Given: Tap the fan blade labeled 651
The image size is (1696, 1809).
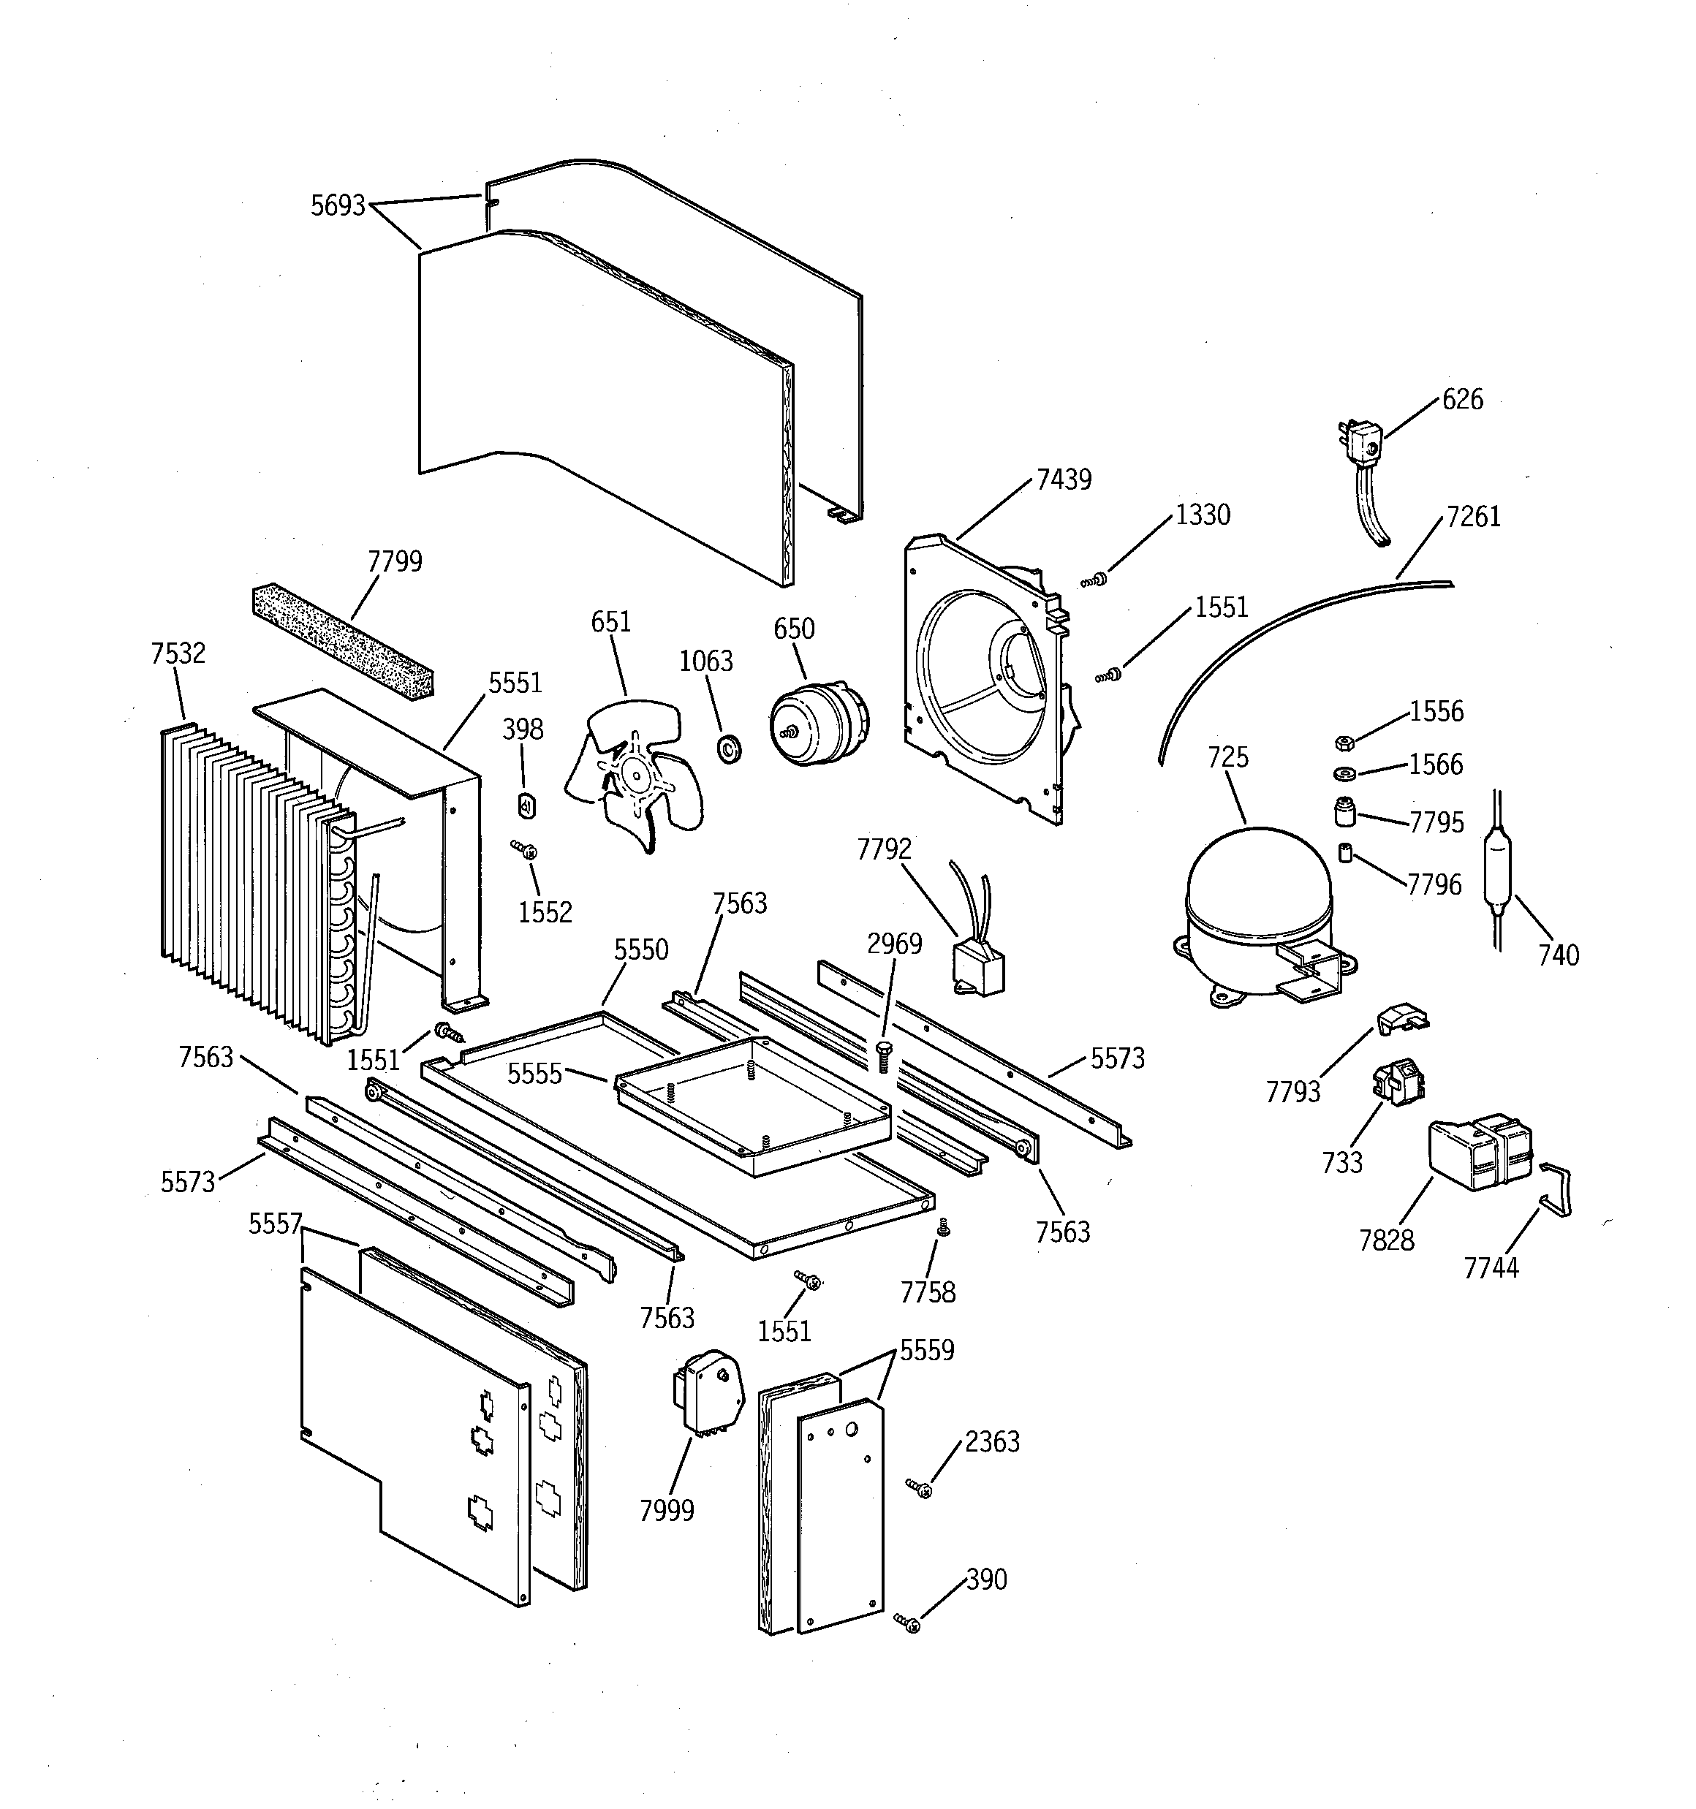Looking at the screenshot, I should pyautogui.click(x=632, y=773).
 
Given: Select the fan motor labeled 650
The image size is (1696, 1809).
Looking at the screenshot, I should pyautogui.click(x=817, y=724).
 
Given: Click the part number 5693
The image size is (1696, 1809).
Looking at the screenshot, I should pyautogui.click(x=338, y=205).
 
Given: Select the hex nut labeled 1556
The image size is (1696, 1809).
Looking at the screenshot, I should pyautogui.click(x=1342, y=743).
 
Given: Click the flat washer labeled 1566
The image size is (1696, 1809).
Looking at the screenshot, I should pyautogui.click(x=1343, y=774).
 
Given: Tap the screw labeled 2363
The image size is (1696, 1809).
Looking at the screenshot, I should pyautogui.click(x=920, y=1488).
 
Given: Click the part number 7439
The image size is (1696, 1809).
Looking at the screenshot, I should pyautogui.click(x=1064, y=479).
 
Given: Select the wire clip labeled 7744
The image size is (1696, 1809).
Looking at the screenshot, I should pyautogui.click(x=1556, y=1192).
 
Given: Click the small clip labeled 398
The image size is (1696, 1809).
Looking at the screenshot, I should pyautogui.click(x=526, y=805).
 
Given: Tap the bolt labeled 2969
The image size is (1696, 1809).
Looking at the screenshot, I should pyautogui.click(x=882, y=1056).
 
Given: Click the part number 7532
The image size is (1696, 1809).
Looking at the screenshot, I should pyautogui.click(x=178, y=653).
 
